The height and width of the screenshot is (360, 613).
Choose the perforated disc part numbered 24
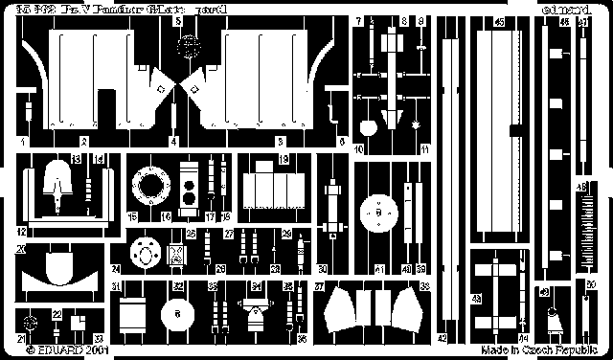(148, 254)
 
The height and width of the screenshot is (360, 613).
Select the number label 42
(442, 338)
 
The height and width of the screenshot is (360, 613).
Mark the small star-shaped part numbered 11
(416, 125)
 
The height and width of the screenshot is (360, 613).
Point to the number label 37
(319, 286)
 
